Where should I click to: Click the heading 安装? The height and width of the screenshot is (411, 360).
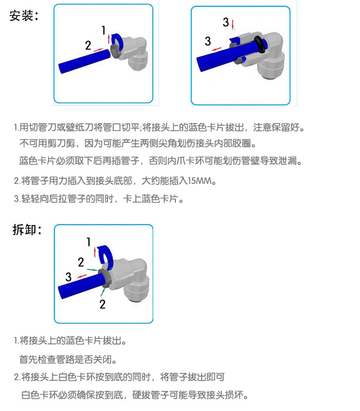(21, 16)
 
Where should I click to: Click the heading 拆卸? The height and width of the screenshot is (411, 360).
(24, 230)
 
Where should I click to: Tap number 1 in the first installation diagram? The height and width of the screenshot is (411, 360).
(103, 30)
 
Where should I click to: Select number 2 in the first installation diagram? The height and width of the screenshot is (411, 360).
(88, 45)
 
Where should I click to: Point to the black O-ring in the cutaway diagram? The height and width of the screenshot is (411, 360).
(260, 45)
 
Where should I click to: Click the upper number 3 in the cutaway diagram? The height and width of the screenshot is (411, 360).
(226, 22)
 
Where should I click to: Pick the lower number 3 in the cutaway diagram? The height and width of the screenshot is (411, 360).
(208, 41)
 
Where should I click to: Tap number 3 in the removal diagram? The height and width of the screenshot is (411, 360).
(68, 277)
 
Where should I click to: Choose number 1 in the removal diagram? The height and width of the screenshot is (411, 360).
(88, 241)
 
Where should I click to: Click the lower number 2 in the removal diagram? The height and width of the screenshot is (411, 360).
(102, 304)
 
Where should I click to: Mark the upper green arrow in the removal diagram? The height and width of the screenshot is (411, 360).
(92, 270)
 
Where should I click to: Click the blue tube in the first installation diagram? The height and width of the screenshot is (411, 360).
(85, 61)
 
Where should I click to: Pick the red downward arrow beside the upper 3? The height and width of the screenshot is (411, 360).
(233, 24)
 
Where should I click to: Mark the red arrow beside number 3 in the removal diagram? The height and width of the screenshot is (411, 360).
(82, 276)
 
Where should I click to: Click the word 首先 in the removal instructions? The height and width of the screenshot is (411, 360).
(28, 359)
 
